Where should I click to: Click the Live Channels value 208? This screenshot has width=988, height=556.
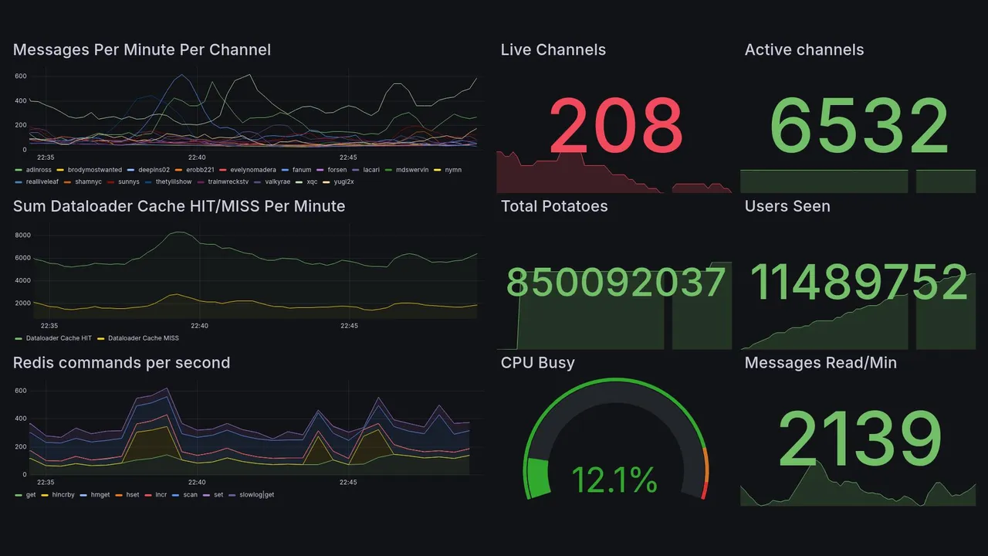tap(616, 126)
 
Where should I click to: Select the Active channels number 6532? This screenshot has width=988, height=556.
tap(859, 126)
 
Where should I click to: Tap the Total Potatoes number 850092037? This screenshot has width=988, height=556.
tap(616, 283)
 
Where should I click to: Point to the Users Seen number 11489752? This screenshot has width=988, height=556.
tap(859, 283)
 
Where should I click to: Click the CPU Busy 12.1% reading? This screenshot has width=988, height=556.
tap(614, 480)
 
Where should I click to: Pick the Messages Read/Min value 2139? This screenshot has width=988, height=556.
tap(859, 440)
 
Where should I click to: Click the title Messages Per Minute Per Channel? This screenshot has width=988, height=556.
tap(142, 50)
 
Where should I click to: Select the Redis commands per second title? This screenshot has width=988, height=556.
tap(121, 363)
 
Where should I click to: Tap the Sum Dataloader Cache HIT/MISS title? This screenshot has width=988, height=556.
tap(179, 206)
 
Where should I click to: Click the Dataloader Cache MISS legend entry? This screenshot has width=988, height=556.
tap(143, 338)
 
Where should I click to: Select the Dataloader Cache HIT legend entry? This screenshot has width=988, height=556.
tap(58, 338)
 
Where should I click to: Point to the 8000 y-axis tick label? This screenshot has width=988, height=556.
tap(22, 236)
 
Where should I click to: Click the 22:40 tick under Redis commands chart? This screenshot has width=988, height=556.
tap(197, 482)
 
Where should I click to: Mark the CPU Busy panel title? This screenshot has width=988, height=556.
tap(537, 363)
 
